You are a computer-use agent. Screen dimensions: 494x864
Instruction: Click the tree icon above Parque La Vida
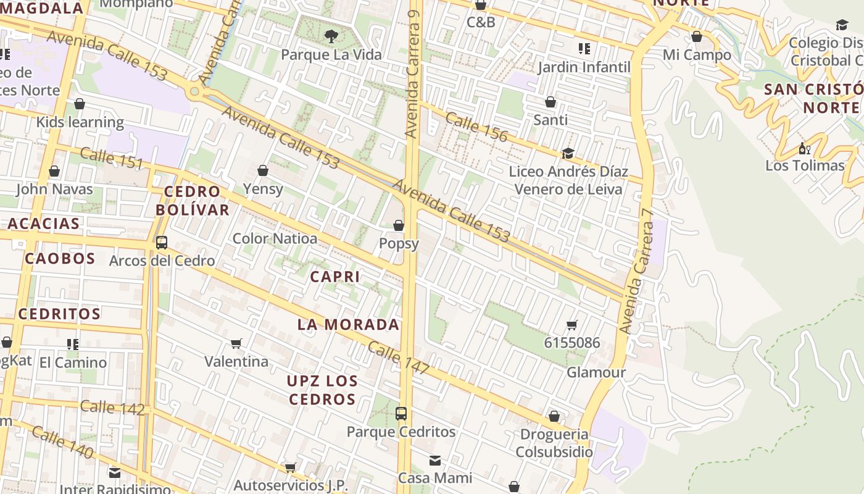(331, 36)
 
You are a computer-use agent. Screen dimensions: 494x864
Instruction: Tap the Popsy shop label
(399, 243)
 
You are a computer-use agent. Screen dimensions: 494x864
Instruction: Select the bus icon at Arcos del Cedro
(162, 243)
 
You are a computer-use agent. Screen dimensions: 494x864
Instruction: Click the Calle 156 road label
(476, 127)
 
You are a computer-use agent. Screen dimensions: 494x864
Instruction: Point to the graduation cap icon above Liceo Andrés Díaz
(568, 153)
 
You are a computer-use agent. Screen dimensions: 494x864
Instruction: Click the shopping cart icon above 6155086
(572, 325)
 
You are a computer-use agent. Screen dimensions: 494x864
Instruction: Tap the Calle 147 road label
(398, 358)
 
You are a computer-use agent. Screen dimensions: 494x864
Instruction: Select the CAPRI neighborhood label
(335, 277)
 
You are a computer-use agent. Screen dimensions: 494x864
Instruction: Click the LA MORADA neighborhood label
(349, 324)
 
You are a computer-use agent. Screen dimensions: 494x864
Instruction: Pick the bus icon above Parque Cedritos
(401, 414)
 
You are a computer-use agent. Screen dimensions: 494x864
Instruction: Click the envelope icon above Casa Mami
(435, 460)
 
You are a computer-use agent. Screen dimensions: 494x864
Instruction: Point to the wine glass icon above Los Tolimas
(804, 148)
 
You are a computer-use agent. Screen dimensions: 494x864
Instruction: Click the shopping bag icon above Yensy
(263, 170)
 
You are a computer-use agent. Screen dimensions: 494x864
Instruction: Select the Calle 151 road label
(112, 159)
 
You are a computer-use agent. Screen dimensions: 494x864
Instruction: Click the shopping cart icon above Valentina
(236, 343)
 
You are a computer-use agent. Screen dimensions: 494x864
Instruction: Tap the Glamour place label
(596, 372)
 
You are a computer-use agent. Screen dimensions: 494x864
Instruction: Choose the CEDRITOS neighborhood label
(59, 314)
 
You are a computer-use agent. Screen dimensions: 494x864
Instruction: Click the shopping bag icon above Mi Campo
(697, 36)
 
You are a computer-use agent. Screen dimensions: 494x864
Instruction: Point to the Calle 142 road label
(112, 408)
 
